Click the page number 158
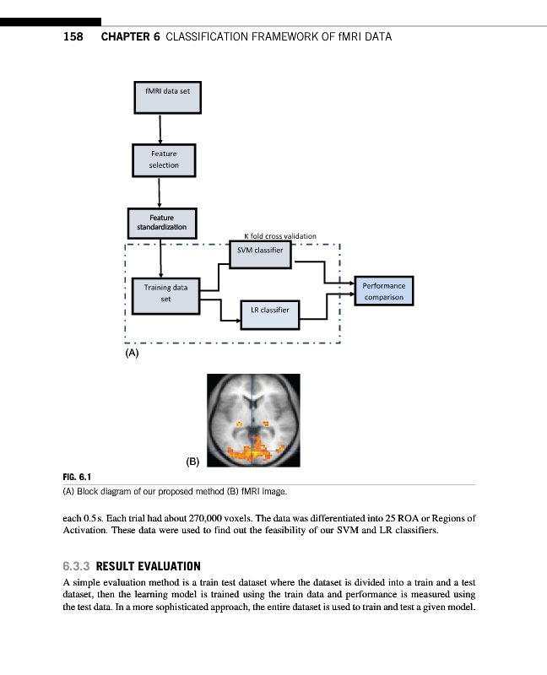pyautogui.click(x=73, y=37)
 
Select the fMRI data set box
pyautogui.click(x=167, y=96)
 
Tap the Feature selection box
pyautogui.click(x=164, y=159)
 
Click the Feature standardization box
pyautogui.click(x=162, y=223)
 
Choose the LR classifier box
pyautogui.click(x=269, y=310)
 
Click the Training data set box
pyautogui.click(x=165, y=293)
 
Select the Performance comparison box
pyautogui.click(x=384, y=291)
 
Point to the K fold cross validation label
pyautogui.click(x=280, y=236)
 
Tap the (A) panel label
pyautogui.click(x=131, y=355)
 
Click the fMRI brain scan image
pyautogui.click(x=253, y=418)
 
